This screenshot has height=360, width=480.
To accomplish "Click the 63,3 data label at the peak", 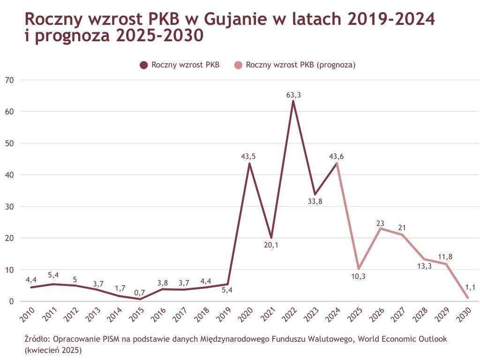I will coord(293,95).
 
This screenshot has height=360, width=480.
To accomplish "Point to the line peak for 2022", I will coord(293,101).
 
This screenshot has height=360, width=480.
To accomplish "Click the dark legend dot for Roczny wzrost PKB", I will coord(143,65).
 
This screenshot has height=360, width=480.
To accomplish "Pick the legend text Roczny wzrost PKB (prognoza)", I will coord(300,65).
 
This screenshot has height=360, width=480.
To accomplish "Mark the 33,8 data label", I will coord(315,202).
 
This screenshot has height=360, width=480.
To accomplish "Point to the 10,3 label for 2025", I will coord(358,277).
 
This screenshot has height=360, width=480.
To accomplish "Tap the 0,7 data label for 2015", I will coord(140,292).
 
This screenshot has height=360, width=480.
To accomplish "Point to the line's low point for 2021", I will coord(271,238).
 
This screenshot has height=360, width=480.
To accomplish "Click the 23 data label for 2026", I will coord(380,223).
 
